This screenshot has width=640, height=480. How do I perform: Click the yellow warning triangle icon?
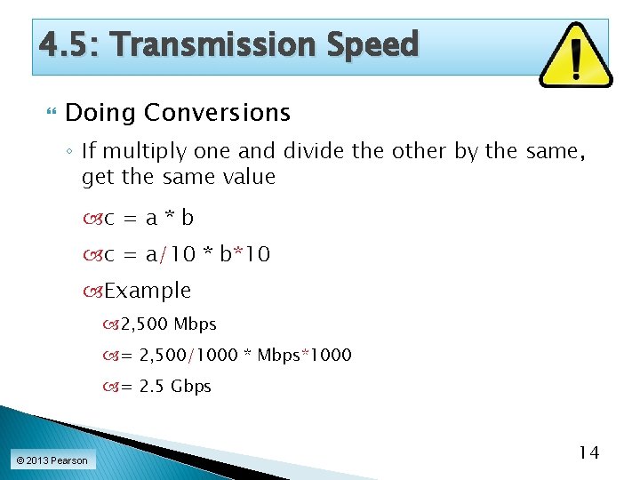coord(575,56)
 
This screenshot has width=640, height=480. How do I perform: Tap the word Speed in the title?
coord(373,44)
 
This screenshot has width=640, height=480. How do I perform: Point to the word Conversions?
coord(217,113)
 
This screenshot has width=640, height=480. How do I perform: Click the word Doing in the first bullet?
coord(100,113)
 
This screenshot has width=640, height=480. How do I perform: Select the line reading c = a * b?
coord(148,218)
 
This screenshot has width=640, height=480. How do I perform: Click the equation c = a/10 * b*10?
coord(187,254)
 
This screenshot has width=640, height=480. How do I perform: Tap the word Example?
coord(148,291)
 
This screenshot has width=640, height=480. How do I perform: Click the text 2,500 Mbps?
coord(169,324)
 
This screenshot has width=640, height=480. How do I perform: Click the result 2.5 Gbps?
coord(175,387)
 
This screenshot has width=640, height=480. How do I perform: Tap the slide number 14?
coord(588,452)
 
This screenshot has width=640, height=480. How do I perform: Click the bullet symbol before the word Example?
coord(97,292)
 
